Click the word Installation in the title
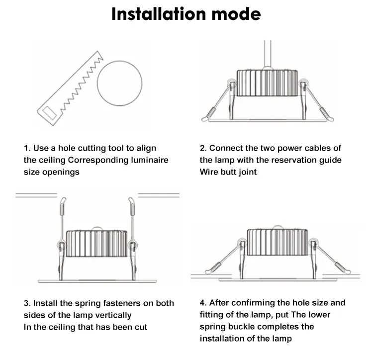click(x=159, y=14)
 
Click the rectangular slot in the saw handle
click(x=49, y=113)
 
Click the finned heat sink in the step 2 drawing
click(x=267, y=83)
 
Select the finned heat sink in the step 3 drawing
click(x=96, y=244)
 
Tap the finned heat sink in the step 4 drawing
click(x=278, y=242)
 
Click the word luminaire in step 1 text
click(x=150, y=160)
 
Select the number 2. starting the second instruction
click(x=203, y=148)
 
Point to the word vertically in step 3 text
click(x=113, y=316)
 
